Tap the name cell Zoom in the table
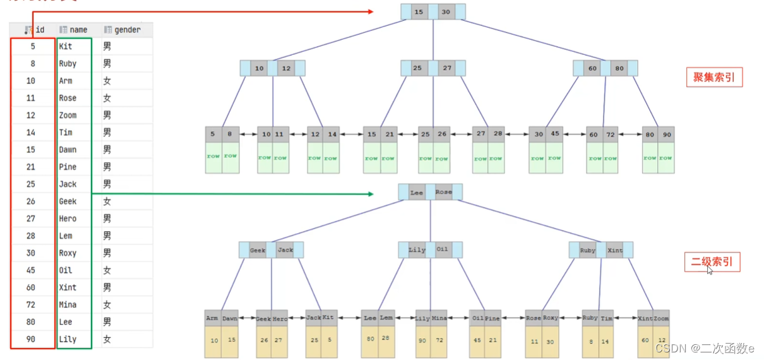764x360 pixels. click(x=68, y=115)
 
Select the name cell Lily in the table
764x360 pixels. click(x=68, y=339)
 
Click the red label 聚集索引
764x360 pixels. click(x=713, y=77)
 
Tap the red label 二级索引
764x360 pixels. click(x=712, y=261)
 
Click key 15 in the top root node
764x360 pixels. click(x=419, y=12)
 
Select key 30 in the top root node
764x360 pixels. click(x=446, y=12)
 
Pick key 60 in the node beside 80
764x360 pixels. click(x=592, y=68)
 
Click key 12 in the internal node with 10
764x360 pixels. click(x=287, y=68)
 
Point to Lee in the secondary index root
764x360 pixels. click(x=417, y=192)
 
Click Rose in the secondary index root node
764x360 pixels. click(x=444, y=192)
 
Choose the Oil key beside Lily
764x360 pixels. click(x=443, y=249)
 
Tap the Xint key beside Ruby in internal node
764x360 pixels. click(x=614, y=250)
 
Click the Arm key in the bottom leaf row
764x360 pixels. click(x=212, y=318)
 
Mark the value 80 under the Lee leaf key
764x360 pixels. click(x=369, y=339)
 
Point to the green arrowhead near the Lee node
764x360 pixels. click(x=371, y=194)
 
